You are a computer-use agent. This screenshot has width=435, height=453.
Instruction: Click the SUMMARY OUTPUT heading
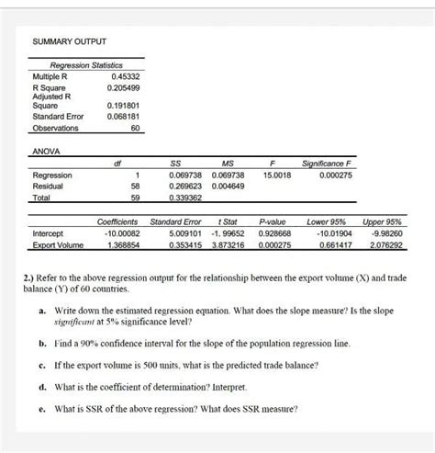(x=70, y=41)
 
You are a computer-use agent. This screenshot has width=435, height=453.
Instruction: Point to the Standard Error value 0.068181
(x=123, y=117)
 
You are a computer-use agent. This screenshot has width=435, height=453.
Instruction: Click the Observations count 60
(x=134, y=129)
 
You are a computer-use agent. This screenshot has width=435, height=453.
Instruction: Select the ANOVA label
(x=46, y=149)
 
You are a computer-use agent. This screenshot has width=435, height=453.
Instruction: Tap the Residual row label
(x=49, y=185)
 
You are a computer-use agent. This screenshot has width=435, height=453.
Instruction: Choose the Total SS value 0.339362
(x=186, y=197)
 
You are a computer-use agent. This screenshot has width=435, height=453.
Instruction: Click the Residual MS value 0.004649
(x=228, y=185)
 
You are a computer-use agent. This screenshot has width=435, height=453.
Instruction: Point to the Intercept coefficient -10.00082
(x=119, y=233)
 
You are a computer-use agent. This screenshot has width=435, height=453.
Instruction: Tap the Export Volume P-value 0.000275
(x=275, y=245)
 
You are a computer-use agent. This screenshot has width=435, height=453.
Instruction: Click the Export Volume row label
(x=58, y=245)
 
